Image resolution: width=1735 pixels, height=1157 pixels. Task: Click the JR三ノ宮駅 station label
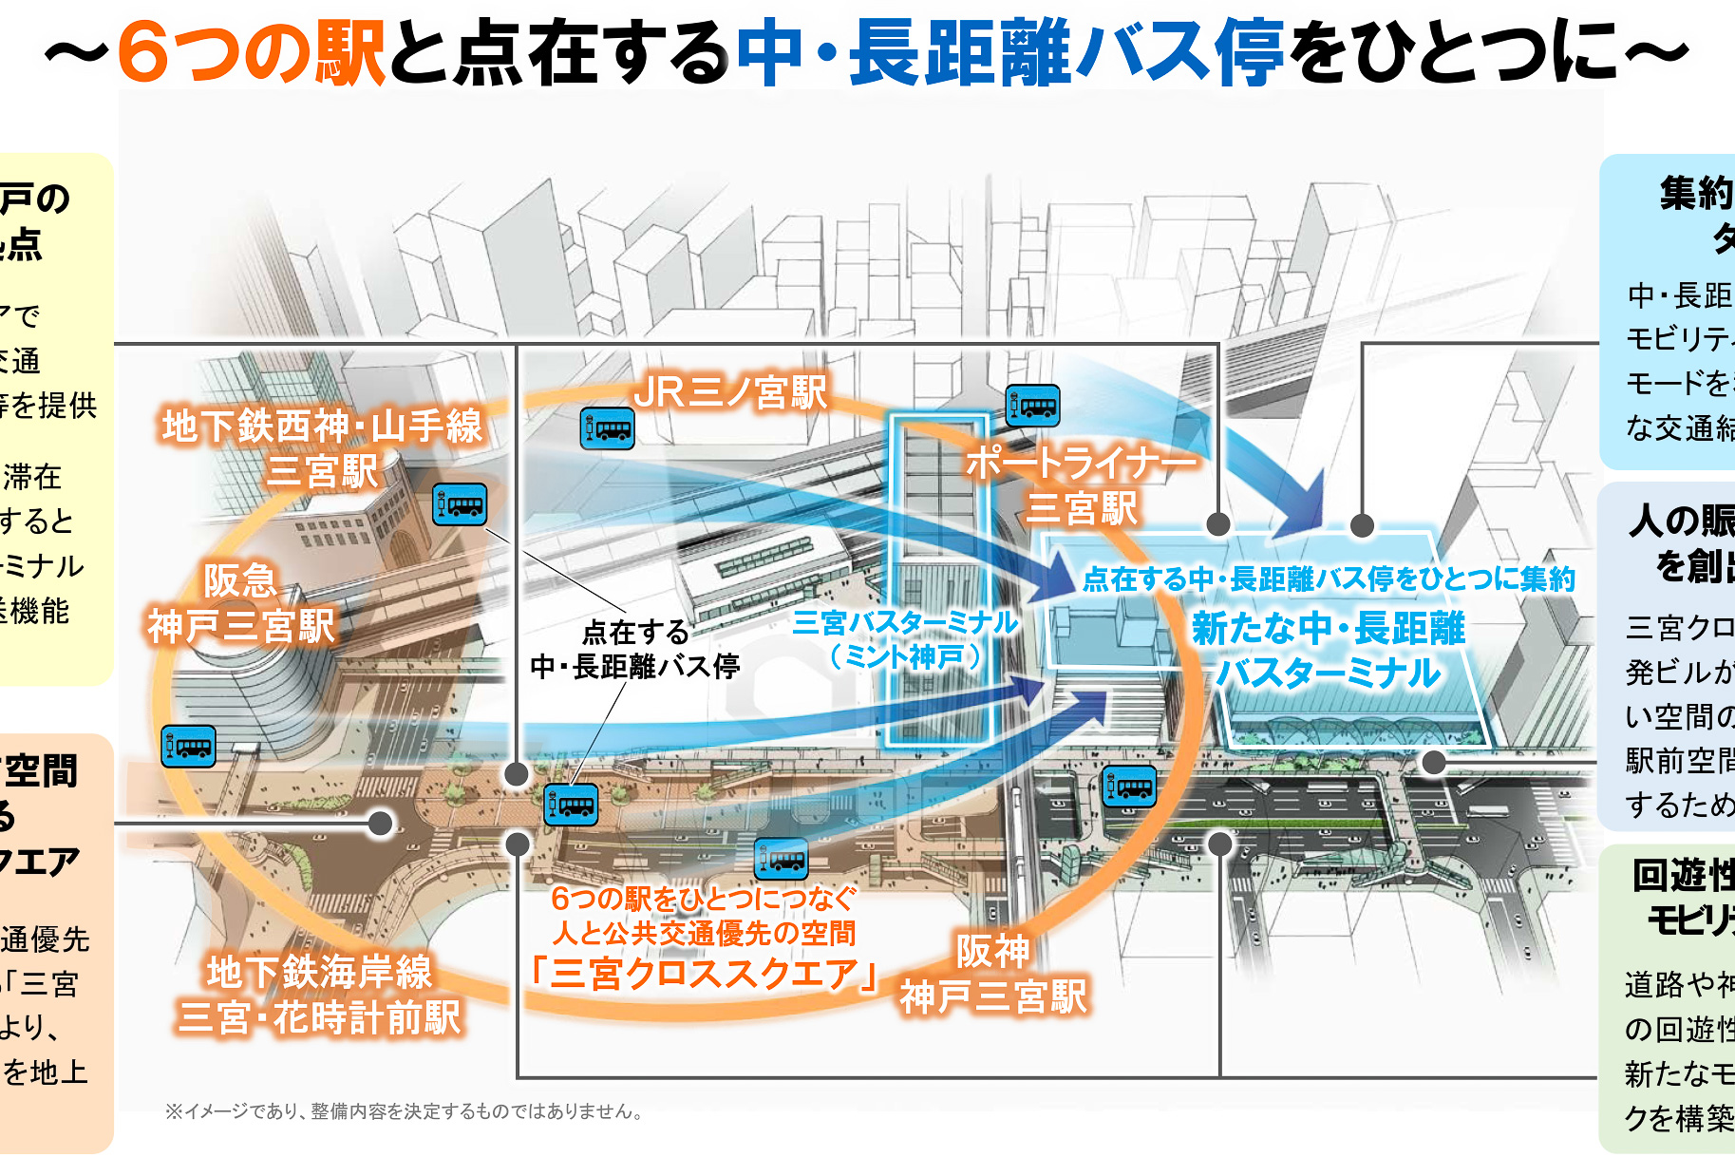(730, 391)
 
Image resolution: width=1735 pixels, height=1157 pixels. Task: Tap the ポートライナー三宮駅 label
(1082, 485)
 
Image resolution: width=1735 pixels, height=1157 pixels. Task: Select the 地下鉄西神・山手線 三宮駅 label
(323, 448)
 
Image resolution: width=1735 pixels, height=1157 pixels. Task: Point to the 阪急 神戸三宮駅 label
(241, 604)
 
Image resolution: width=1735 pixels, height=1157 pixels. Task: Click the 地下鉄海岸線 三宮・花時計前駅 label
(319, 995)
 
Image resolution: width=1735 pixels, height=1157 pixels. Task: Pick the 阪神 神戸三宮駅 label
(992, 974)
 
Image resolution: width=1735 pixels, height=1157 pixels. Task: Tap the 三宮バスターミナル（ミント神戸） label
(905, 639)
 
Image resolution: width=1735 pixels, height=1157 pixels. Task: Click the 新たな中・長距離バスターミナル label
(1329, 650)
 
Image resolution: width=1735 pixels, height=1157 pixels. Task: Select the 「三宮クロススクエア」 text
(704, 974)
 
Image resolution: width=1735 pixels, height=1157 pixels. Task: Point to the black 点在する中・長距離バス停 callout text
(635, 649)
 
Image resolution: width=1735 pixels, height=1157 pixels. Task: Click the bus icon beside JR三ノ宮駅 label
(608, 429)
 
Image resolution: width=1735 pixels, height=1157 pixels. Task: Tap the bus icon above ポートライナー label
(1033, 406)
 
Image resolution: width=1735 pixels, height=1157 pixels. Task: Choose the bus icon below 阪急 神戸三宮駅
(189, 746)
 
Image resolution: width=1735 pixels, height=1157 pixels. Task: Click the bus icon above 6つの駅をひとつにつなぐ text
(782, 860)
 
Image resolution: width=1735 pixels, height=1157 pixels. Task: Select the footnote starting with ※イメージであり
(405, 1111)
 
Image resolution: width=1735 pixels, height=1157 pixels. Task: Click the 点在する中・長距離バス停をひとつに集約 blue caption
(1329, 578)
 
